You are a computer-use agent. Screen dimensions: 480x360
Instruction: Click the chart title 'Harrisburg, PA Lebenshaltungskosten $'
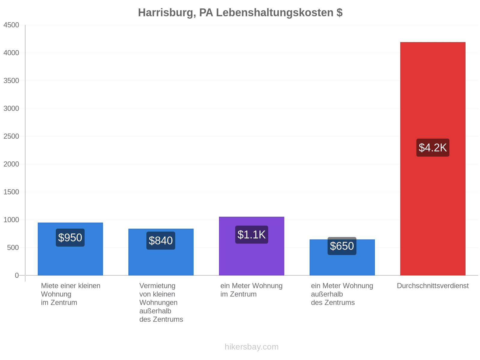(240, 13)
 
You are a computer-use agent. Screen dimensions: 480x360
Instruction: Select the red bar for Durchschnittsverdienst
(432, 159)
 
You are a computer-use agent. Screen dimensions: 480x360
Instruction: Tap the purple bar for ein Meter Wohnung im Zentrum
(251, 246)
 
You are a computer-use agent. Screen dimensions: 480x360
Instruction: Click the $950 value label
(70, 238)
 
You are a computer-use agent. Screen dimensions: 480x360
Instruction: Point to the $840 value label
(161, 240)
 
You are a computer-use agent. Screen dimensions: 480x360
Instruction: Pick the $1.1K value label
(251, 235)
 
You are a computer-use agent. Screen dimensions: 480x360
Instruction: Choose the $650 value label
(342, 246)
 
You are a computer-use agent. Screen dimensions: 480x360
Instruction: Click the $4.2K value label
(433, 148)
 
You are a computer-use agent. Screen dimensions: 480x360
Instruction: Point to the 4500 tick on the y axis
(11, 25)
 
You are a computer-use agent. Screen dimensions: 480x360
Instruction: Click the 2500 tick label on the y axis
(11, 136)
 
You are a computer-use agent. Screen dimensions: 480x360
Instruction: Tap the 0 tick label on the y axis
(17, 275)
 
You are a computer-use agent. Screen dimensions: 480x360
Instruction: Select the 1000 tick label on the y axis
(11, 220)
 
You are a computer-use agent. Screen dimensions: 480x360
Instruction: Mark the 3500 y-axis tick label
(11, 81)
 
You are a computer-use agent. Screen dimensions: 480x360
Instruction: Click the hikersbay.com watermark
(251, 347)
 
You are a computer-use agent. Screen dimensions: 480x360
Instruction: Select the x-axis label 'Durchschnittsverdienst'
(433, 286)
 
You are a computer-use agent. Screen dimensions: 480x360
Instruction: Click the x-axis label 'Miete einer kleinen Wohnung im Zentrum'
(70, 294)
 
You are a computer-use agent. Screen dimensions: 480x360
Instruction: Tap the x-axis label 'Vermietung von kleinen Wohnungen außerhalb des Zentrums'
(161, 302)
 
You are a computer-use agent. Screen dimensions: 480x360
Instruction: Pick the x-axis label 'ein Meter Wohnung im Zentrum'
(251, 290)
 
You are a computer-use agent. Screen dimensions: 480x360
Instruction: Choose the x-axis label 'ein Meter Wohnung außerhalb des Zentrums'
(342, 294)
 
